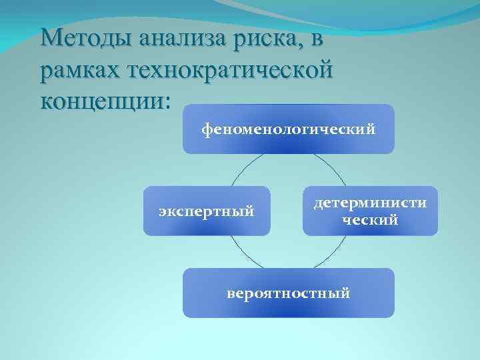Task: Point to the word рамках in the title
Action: click(x=81, y=70)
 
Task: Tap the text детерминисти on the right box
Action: click(x=370, y=203)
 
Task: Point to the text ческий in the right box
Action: click(x=370, y=219)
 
